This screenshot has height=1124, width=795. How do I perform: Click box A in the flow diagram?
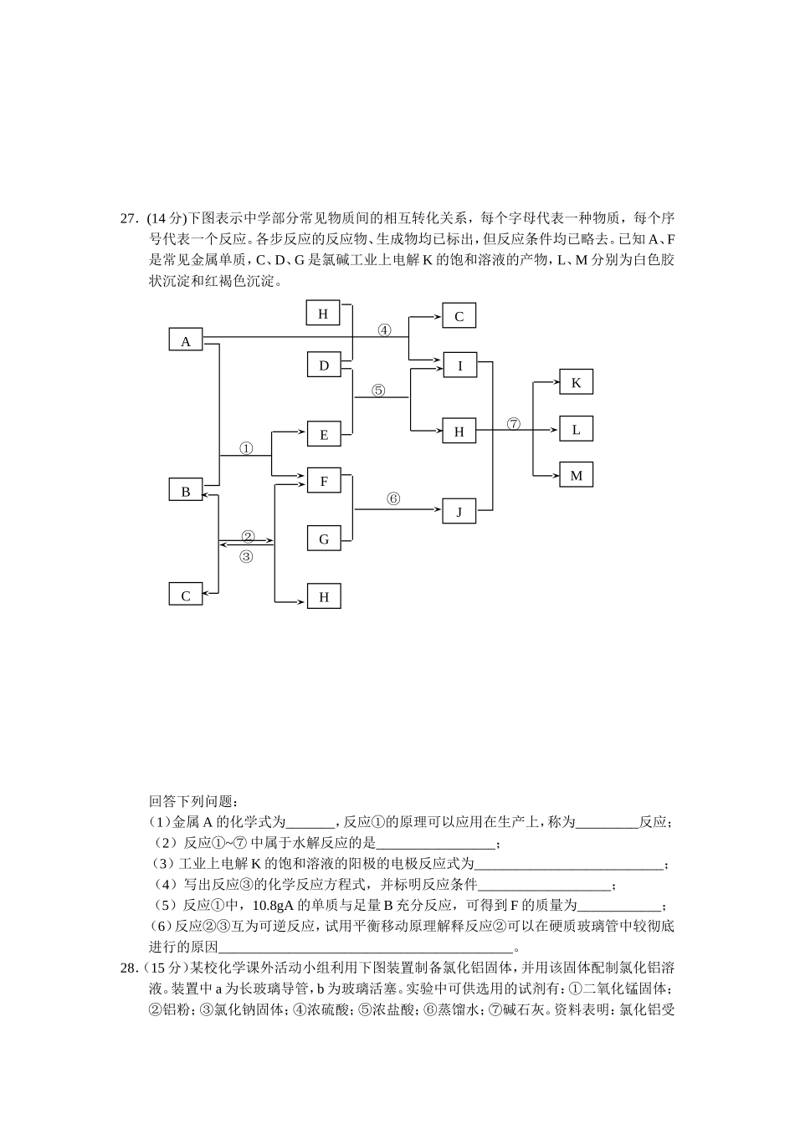(186, 340)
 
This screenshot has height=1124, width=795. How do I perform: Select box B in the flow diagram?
(186, 491)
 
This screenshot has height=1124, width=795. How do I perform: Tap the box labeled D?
(324, 365)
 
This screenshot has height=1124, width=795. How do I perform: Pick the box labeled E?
(324, 434)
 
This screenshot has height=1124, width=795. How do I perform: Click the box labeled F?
(324, 481)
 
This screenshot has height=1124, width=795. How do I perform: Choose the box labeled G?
(324, 539)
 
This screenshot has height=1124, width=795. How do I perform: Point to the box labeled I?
(459, 365)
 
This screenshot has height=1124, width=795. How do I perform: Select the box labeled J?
(459, 512)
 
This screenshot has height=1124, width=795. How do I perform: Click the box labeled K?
(576, 382)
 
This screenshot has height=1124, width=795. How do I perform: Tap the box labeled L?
(576, 429)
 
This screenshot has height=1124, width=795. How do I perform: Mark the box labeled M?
(576, 475)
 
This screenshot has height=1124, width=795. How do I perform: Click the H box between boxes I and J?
(459, 432)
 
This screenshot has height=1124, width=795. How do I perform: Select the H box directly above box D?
(323, 314)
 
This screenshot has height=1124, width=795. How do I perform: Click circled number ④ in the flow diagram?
(384, 330)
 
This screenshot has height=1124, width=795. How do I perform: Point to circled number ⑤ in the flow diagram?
(378, 390)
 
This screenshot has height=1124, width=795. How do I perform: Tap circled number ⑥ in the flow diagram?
(393, 499)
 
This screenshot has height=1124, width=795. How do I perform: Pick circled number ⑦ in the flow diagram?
(514, 424)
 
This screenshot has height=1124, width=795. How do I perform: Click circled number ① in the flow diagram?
(246, 448)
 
